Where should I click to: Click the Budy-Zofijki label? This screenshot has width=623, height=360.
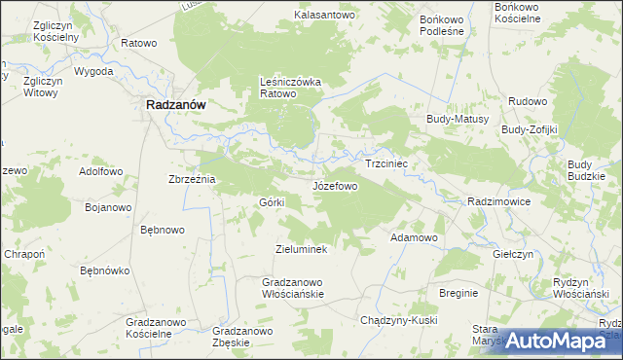pyautogui.click(x=529, y=129)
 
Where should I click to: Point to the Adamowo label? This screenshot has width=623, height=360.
pyautogui.click(x=415, y=237)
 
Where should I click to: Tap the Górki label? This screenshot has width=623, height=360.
pyautogui.click(x=271, y=201)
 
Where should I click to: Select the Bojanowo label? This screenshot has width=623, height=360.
pyautogui.click(x=108, y=207)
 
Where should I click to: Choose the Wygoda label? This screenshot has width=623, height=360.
pyautogui.click(x=93, y=72)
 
